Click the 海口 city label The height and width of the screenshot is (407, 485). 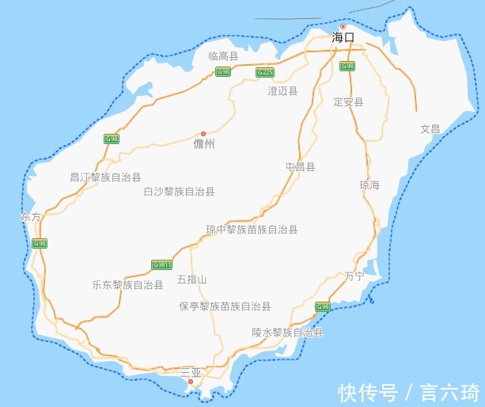point(343,37)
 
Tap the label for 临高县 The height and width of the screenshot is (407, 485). point(224,56)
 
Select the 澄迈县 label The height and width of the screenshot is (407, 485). point(282,91)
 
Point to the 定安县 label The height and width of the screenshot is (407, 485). point(348,102)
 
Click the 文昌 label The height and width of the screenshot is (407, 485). point(430,128)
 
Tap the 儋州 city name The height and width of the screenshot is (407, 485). point(204,145)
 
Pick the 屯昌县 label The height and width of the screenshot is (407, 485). point(301,167)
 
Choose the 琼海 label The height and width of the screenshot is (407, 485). point(369,185)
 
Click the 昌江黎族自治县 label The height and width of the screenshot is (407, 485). point(105,178)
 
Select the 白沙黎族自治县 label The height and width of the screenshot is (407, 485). point(179,192)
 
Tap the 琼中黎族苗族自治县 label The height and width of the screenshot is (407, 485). point(252,230)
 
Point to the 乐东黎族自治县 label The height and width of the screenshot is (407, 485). point(127,284)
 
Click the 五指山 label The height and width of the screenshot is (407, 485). point(191,280)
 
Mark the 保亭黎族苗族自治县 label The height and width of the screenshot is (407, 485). point(225,306)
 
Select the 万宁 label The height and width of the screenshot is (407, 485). point(354,276)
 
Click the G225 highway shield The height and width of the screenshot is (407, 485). point(264,72)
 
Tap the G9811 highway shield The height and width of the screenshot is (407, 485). point(161,264)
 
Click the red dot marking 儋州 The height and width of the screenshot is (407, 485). point(203,134)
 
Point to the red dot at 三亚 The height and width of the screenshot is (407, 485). point(191,382)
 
